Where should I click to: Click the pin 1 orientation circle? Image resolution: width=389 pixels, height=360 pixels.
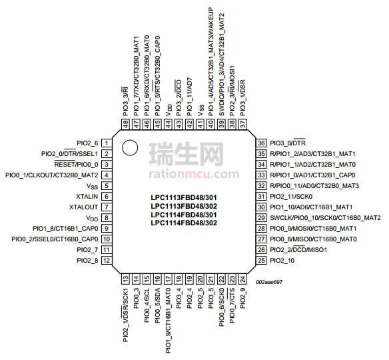coord(130,148)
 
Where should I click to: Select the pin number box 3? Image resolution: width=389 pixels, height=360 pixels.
coord(107,165)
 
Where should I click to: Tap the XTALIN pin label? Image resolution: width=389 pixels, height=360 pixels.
coord(87,197)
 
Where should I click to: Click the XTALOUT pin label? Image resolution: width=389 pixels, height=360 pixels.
coord(83,207)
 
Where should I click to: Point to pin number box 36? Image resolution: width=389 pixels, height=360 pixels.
coord(261,143)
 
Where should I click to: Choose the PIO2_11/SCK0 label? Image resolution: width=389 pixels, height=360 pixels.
coord(291,197)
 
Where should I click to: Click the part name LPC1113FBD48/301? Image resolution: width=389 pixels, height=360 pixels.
coord(184,197)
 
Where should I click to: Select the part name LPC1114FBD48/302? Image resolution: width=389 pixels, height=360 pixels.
coord(184,223)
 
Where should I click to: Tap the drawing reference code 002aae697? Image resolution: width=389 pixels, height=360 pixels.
coord(269,282)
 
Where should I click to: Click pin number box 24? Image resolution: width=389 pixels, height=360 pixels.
coord(242,279)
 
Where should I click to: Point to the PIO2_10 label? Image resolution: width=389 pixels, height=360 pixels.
coord(282,261)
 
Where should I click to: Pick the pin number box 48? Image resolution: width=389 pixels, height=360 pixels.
coord(126,124)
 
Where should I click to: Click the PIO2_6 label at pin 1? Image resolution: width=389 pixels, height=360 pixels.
coord(87,143)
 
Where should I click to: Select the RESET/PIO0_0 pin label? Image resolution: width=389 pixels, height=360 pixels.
coord(76,165)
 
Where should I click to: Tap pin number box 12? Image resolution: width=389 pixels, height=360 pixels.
coord(107,261)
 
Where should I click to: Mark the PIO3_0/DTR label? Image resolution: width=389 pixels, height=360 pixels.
coord(288,143)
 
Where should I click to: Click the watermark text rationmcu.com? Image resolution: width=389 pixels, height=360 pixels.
coord(194,174)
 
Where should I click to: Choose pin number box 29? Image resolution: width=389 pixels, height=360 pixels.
coord(261,218)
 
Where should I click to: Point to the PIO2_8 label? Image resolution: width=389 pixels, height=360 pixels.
coord(87,261)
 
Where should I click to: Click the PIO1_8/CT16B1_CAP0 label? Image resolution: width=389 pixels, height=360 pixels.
coord(65,229)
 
